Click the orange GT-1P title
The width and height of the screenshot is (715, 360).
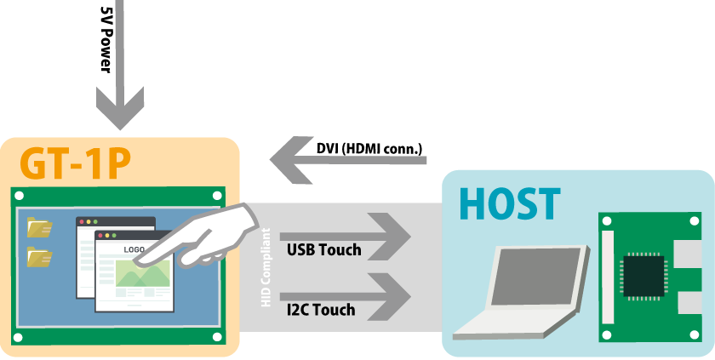[76, 164]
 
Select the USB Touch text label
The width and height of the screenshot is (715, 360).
[323, 249]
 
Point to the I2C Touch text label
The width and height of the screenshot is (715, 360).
[321, 309]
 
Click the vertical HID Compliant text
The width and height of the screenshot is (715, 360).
[266, 268]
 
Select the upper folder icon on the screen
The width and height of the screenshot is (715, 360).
[38, 226]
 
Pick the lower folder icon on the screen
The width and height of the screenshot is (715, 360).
[38, 256]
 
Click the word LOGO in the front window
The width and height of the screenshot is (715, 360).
[134, 249]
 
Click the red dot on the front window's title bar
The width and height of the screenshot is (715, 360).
[100, 235]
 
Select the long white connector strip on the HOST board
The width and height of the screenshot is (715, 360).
[608, 277]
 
